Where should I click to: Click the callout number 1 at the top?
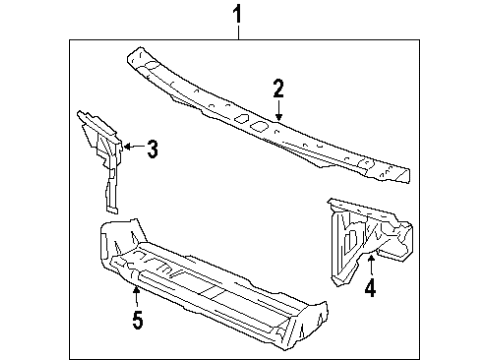[238, 16]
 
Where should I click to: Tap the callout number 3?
[152, 150]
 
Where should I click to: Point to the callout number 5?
[137, 320]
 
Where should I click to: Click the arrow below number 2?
[280, 113]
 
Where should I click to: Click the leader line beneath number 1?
[238, 32]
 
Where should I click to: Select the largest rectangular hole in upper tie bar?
[256, 126]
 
